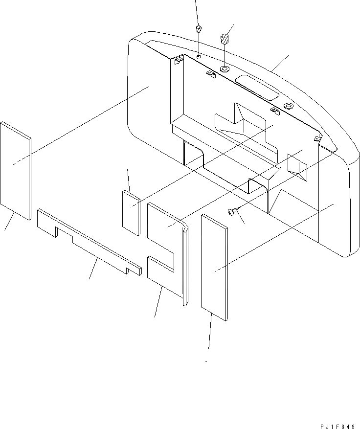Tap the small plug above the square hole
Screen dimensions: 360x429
click(199, 27)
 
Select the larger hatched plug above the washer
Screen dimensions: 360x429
click(225, 39)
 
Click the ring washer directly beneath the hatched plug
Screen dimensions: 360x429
click(225, 69)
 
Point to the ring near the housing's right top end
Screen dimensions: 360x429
click(288, 105)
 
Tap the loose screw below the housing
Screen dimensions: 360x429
click(231, 211)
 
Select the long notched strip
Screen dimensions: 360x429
click(88, 240)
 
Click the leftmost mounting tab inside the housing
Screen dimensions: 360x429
click(178, 61)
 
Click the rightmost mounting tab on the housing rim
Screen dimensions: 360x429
click(318, 139)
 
